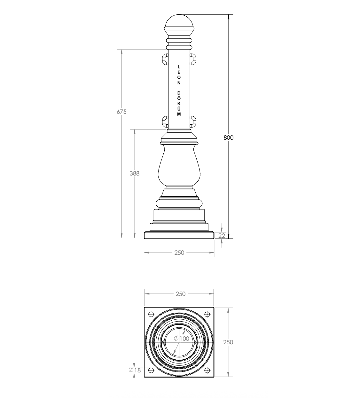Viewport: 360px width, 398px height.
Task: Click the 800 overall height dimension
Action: [228, 137]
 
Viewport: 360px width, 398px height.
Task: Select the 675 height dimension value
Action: [121, 112]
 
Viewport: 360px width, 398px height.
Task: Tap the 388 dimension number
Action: [135, 173]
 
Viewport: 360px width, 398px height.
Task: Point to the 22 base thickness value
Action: [222, 236]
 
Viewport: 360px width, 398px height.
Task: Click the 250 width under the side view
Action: [179, 253]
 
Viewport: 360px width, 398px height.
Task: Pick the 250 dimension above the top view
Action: [181, 294]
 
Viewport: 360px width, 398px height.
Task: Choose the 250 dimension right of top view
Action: [228, 342]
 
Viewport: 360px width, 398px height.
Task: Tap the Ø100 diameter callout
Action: [182, 339]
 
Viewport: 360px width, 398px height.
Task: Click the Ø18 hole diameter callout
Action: [135, 370]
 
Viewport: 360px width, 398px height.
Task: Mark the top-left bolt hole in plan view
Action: [151, 314]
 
